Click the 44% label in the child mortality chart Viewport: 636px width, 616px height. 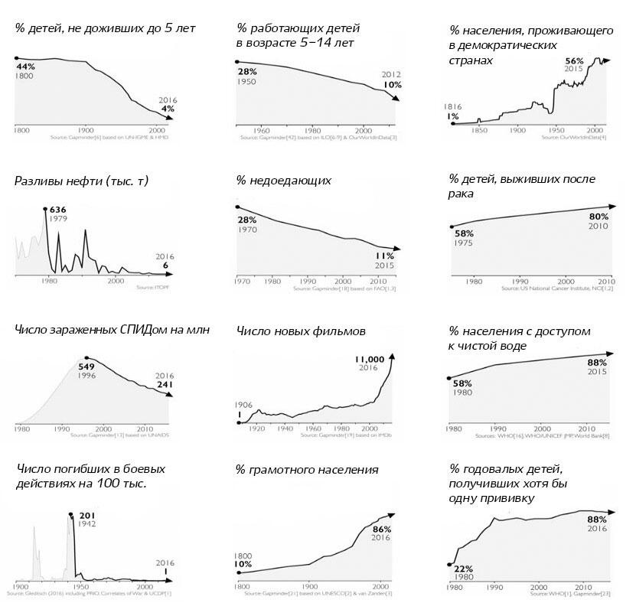26,67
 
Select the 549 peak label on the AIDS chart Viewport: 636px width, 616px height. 86,367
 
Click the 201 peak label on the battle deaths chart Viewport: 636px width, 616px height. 85,514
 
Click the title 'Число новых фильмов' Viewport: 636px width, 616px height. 301,331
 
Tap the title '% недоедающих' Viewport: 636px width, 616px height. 283,181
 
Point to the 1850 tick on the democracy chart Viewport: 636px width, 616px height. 480,130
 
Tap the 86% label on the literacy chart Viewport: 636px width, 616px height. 381,530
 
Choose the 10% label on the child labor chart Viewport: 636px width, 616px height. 392,85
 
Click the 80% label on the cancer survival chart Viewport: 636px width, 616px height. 598,217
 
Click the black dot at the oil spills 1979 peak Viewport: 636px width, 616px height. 45,208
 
